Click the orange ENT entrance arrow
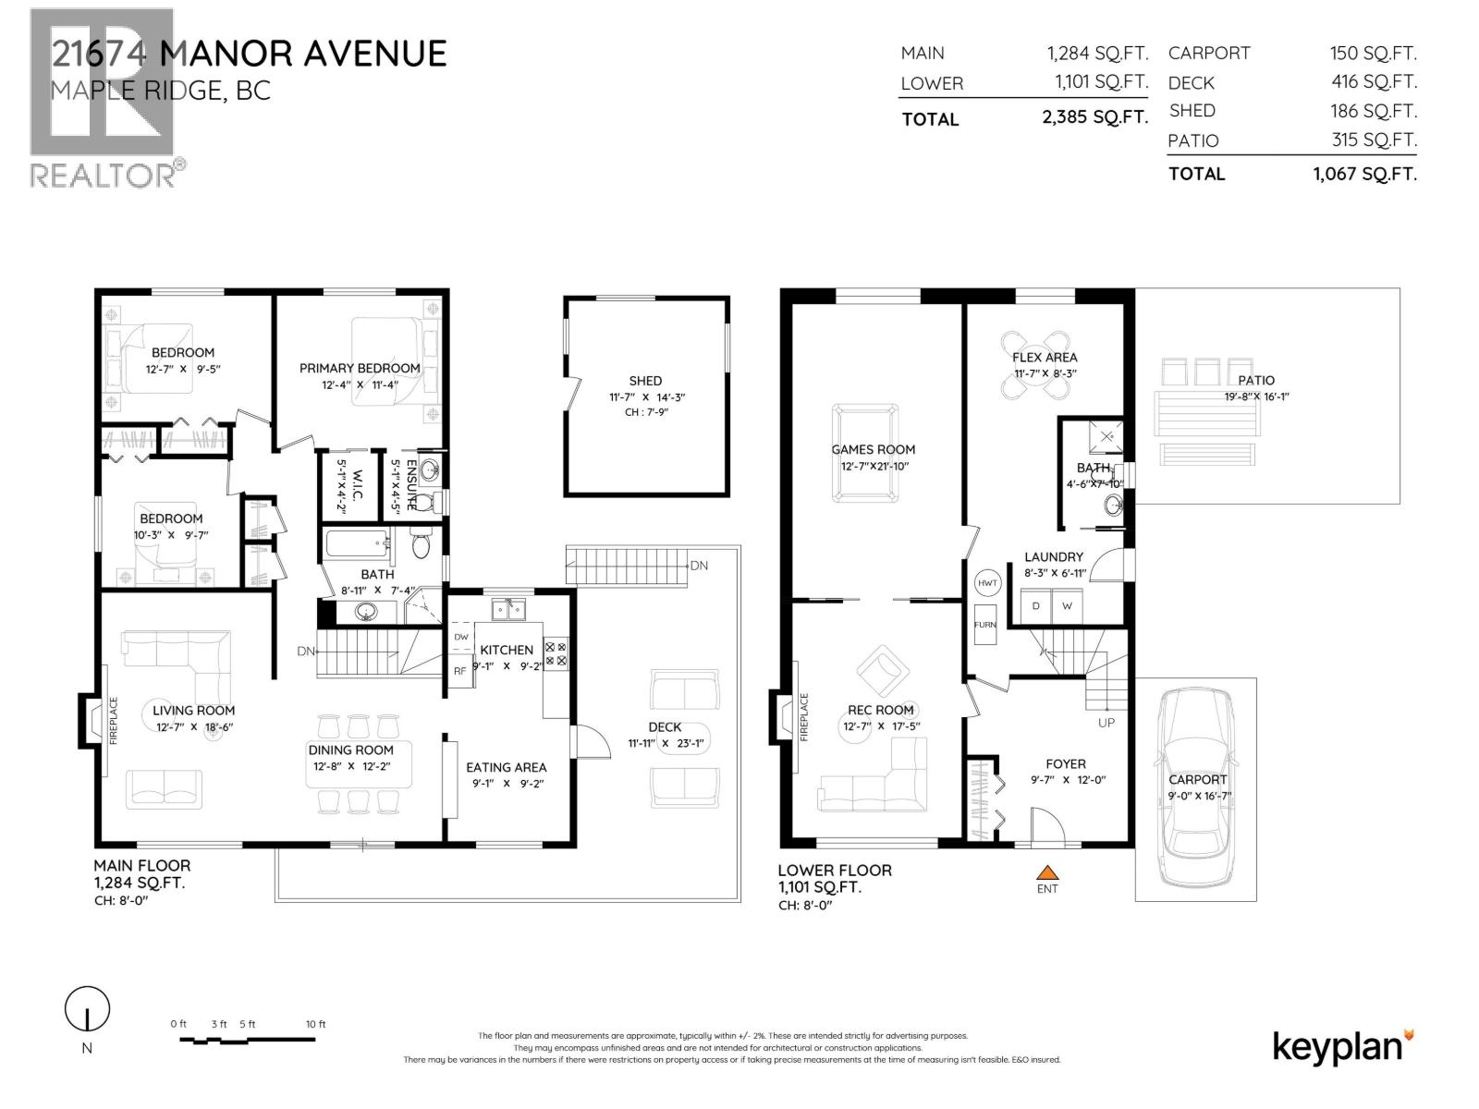coord(1046,871)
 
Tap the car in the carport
coord(1197,786)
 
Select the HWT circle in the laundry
coord(987,583)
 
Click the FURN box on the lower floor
coord(984,625)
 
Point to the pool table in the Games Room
coord(864,452)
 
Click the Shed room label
coord(645,381)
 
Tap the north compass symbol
coord(87,1009)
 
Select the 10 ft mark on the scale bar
coord(315,1024)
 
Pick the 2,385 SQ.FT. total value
coord(1094,117)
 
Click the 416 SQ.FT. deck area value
coord(1373,81)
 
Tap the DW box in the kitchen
coord(460,637)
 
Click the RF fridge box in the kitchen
coord(459,671)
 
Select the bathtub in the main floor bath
coord(356,543)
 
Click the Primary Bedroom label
coord(359,368)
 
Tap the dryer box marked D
coord(1036,606)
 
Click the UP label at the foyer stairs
coord(1106,723)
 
